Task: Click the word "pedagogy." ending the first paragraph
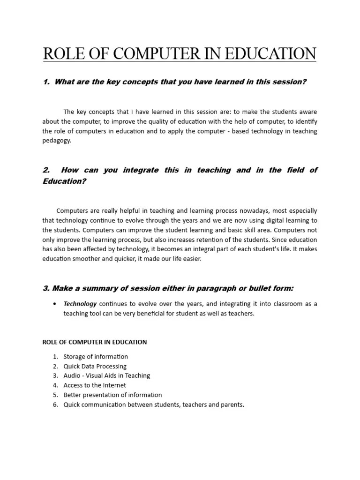tap(57, 141)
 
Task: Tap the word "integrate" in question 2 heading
tap(141, 170)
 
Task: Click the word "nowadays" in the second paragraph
tap(248, 210)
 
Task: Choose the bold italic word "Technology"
tap(80, 304)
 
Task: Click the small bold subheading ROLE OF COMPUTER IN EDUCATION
tap(95, 342)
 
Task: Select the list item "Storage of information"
tap(96, 357)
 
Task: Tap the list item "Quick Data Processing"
tap(95, 366)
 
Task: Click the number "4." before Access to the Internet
tap(55, 385)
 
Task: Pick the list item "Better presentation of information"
tap(112, 395)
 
